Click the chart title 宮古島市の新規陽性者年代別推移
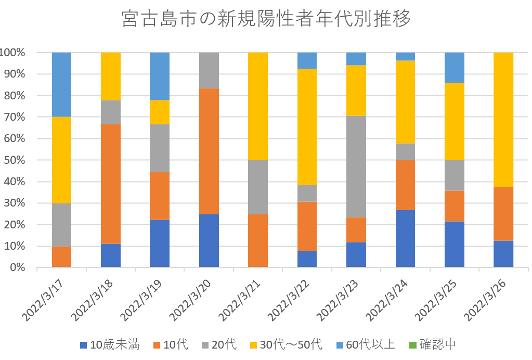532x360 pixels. (x=266, y=19)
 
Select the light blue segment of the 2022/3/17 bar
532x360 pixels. (x=61, y=84)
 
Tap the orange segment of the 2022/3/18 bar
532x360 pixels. (x=110, y=184)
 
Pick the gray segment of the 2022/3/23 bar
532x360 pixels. (x=356, y=166)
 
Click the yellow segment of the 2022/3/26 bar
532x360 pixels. (x=503, y=119)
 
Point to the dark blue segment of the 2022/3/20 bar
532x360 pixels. (x=209, y=240)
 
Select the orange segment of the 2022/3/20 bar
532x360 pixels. (x=209, y=151)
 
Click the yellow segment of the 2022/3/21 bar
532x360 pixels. (x=258, y=106)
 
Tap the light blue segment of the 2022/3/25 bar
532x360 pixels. (x=454, y=68)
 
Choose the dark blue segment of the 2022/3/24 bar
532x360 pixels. (x=405, y=238)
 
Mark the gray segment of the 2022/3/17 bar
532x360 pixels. (x=61, y=224)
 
